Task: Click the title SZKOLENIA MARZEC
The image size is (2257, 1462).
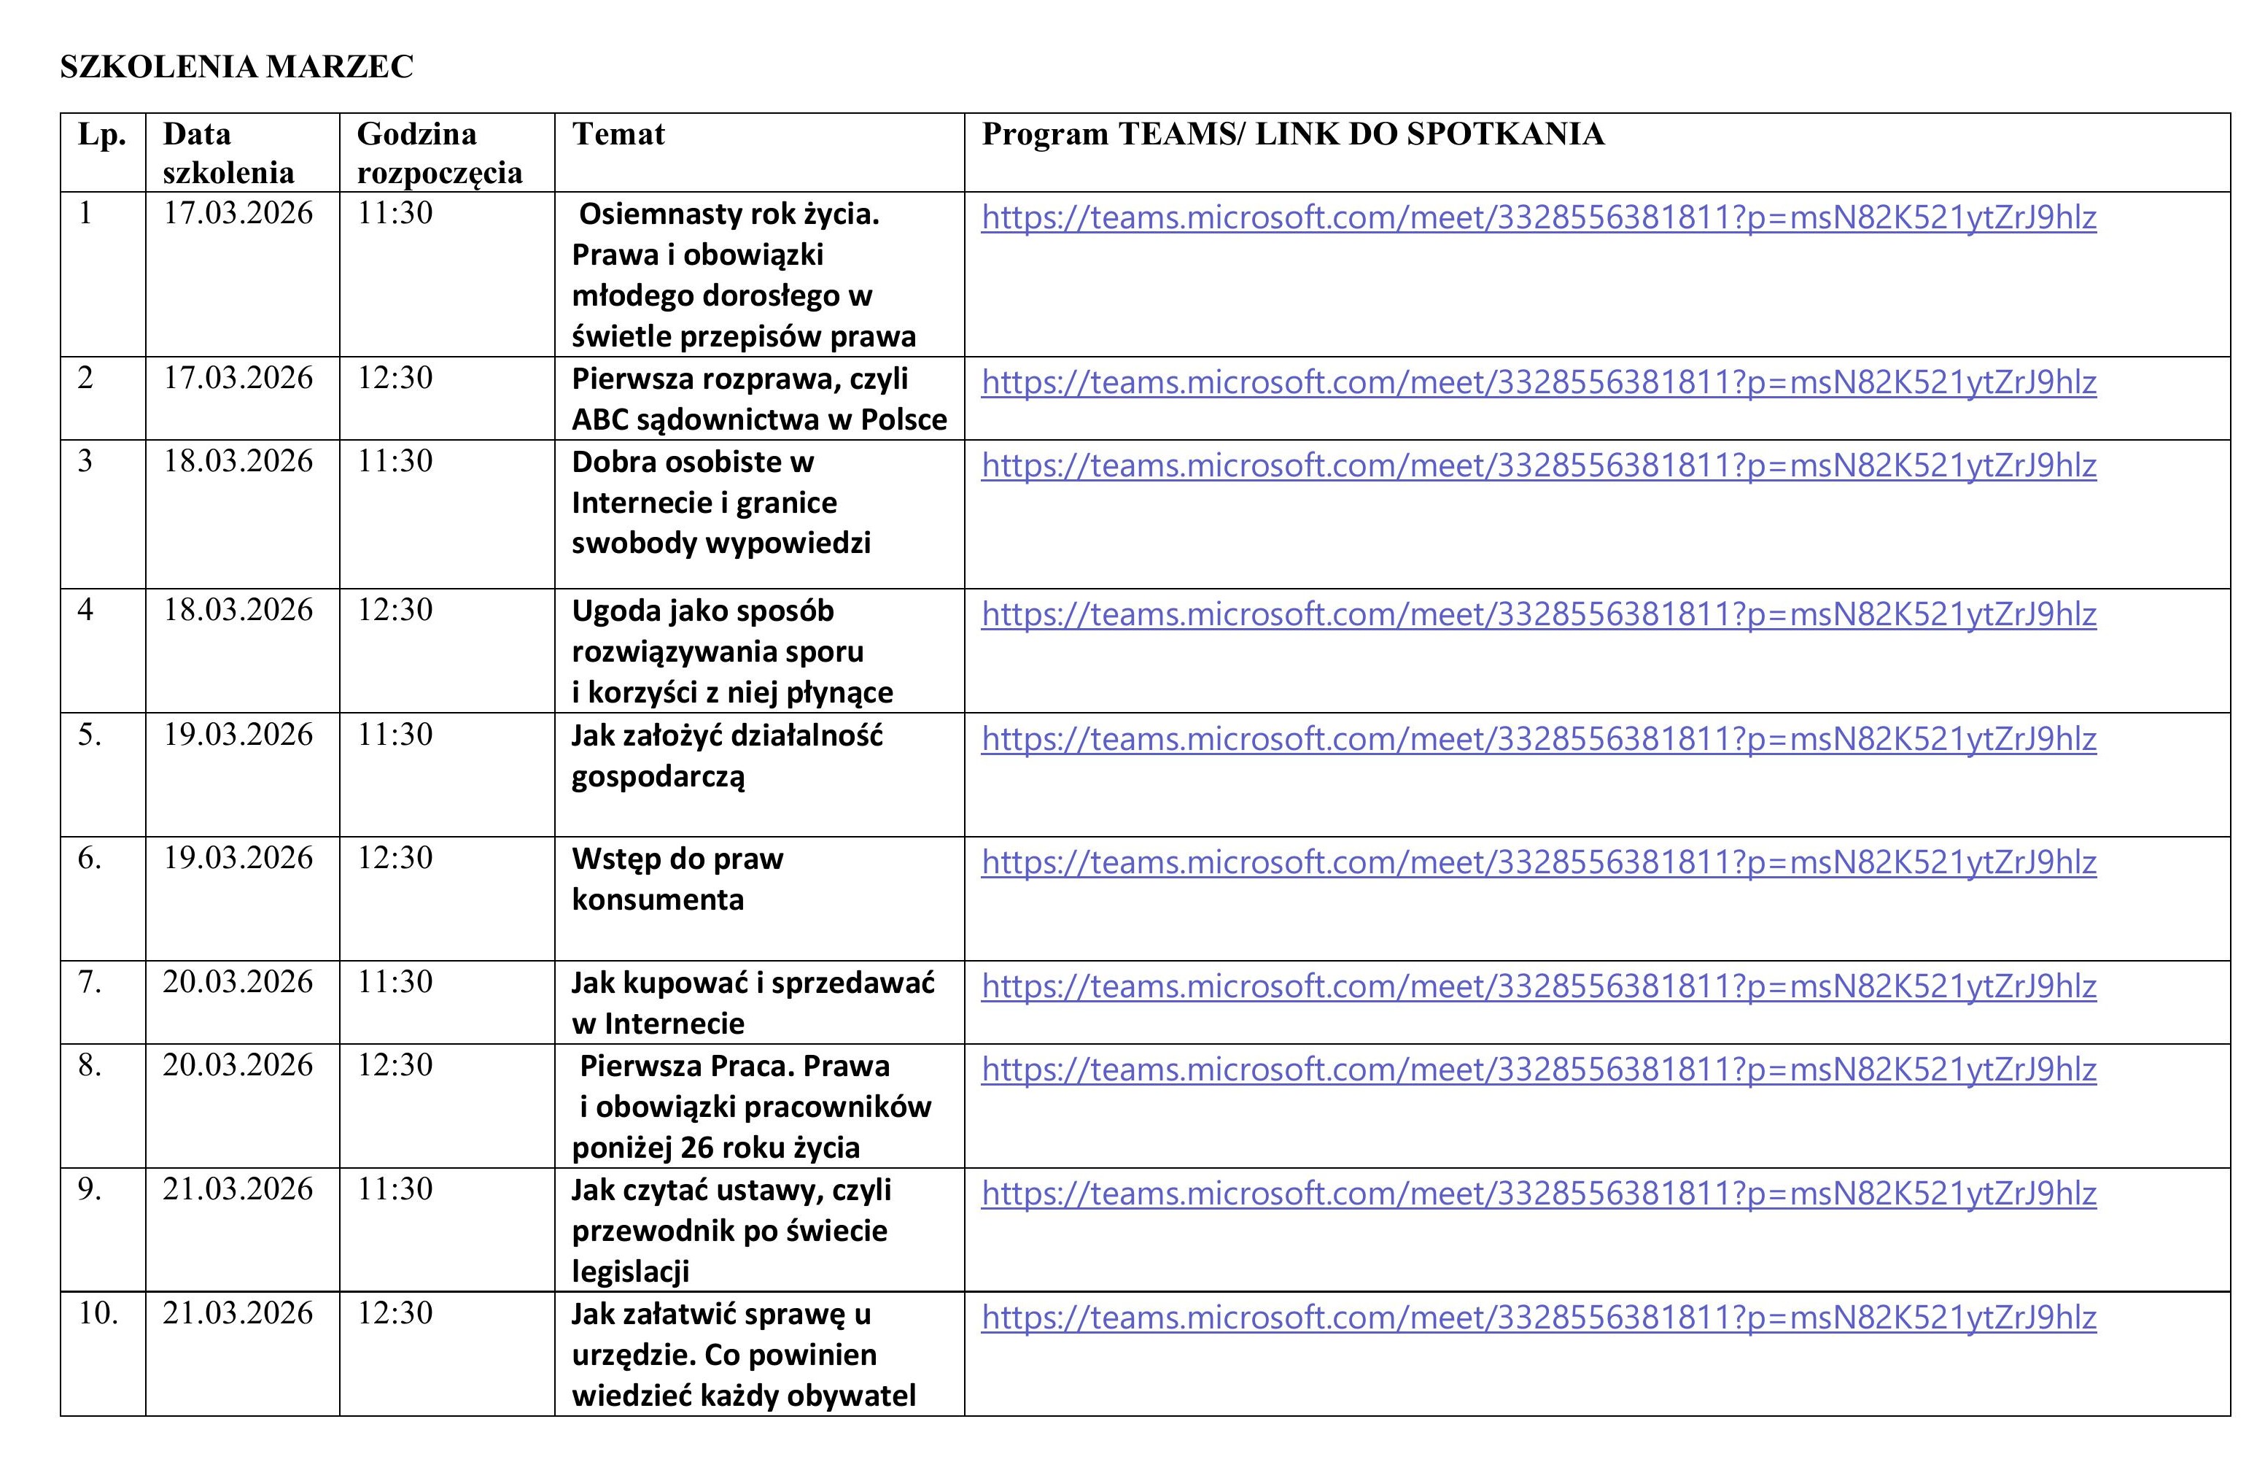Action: tap(236, 66)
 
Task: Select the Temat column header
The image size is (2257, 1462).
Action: tap(618, 134)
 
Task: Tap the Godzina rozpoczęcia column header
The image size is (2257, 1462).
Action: tap(439, 152)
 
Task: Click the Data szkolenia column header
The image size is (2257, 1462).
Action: tap(228, 152)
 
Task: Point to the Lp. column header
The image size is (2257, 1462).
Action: tap(101, 134)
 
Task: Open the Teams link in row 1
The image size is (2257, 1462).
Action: tap(1538, 217)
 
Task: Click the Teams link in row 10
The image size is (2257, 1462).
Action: tap(1538, 1317)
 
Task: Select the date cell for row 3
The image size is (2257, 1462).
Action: tap(237, 461)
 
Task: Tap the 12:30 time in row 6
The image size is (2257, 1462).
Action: tap(395, 858)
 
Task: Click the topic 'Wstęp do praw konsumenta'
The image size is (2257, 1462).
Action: tap(677, 878)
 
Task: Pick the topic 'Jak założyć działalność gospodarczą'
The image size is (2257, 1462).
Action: tap(726, 755)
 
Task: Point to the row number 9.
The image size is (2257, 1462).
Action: tap(89, 1188)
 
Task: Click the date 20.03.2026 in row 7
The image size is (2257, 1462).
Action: tap(237, 982)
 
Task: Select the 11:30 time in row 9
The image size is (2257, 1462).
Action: tap(395, 1188)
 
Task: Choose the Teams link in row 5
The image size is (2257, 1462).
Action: tap(1538, 738)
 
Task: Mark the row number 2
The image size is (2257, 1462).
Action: tap(85, 378)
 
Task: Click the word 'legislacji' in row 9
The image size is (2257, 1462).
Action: tap(629, 1272)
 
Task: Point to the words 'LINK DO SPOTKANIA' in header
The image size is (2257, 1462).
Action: tap(1429, 134)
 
